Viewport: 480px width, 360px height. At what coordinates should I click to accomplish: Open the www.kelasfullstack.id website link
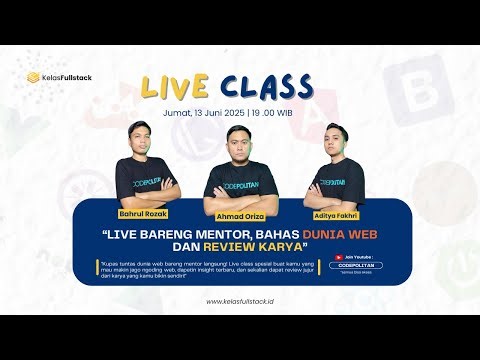point(240,301)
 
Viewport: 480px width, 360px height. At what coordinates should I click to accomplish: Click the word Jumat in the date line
point(178,113)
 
